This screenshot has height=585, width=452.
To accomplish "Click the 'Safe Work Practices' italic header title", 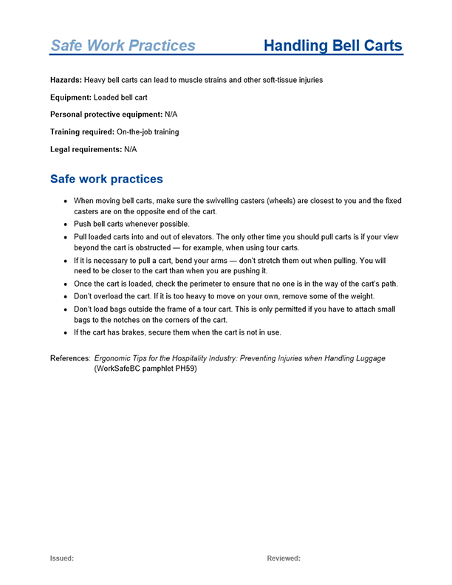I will (x=123, y=46).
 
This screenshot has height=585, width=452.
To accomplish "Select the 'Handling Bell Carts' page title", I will (x=332, y=46).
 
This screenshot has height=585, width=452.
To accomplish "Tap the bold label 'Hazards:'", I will (x=66, y=80).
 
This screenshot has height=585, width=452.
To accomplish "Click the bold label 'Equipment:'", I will (x=71, y=97).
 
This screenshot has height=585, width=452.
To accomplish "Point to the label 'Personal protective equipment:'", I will (x=106, y=114).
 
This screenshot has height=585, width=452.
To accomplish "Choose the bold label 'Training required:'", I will (x=82, y=132).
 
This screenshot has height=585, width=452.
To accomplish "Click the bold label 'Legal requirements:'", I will (x=86, y=149).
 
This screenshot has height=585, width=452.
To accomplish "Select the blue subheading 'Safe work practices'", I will (x=106, y=179).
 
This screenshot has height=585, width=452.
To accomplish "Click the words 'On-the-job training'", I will (x=148, y=132).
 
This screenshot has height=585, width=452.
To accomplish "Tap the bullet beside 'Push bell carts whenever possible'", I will (x=66, y=224).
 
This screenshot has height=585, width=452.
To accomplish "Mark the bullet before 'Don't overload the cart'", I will (x=66, y=296).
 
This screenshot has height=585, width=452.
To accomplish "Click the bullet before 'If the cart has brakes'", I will (x=66, y=332).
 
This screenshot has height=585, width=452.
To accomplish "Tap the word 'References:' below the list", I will (x=70, y=358).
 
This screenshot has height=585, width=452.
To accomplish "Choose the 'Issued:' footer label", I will (x=62, y=558).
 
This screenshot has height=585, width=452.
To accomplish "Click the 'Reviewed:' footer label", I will (x=284, y=558).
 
